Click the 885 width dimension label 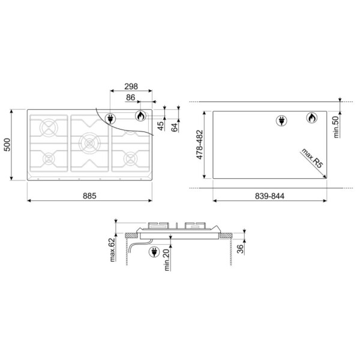pyautogui.click(x=89, y=196)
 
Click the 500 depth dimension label pyautogui.click(x=7, y=145)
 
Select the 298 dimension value pyautogui.click(x=131, y=86)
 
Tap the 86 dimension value pyautogui.click(x=130, y=97)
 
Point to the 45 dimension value pyautogui.click(x=161, y=125)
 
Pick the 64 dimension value pyautogui.click(x=175, y=127)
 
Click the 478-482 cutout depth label pyautogui.click(x=200, y=145)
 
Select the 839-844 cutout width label pyautogui.click(x=269, y=196)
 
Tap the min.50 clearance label pyautogui.click(x=336, y=127)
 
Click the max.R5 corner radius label pyautogui.click(x=312, y=158)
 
